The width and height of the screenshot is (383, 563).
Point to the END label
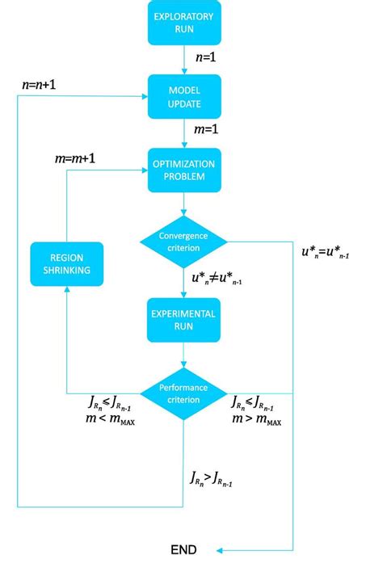click(x=183, y=549)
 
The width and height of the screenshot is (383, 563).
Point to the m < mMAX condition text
click(x=111, y=421)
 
